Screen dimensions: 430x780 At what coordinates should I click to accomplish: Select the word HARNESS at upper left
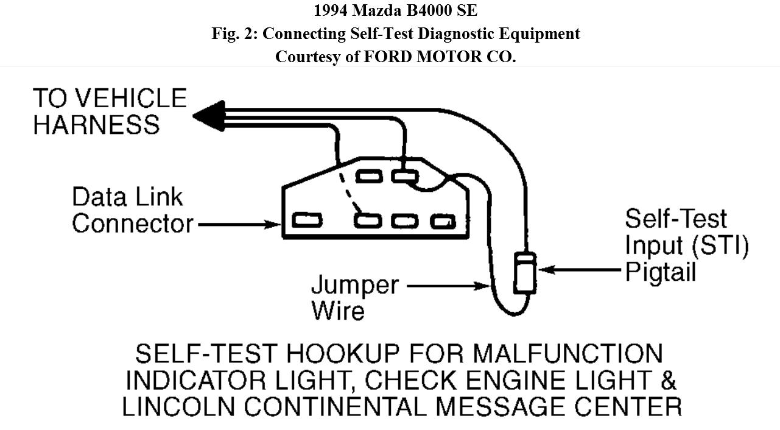click(96, 124)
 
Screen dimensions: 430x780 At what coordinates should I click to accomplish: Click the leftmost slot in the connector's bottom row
click(307, 220)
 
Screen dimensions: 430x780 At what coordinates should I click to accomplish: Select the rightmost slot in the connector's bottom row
click(443, 221)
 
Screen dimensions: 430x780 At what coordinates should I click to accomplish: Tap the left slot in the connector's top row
click(368, 177)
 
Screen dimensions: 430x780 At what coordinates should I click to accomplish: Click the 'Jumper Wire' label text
click(354, 297)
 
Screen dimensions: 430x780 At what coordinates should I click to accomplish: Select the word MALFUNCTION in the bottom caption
click(567, 354)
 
